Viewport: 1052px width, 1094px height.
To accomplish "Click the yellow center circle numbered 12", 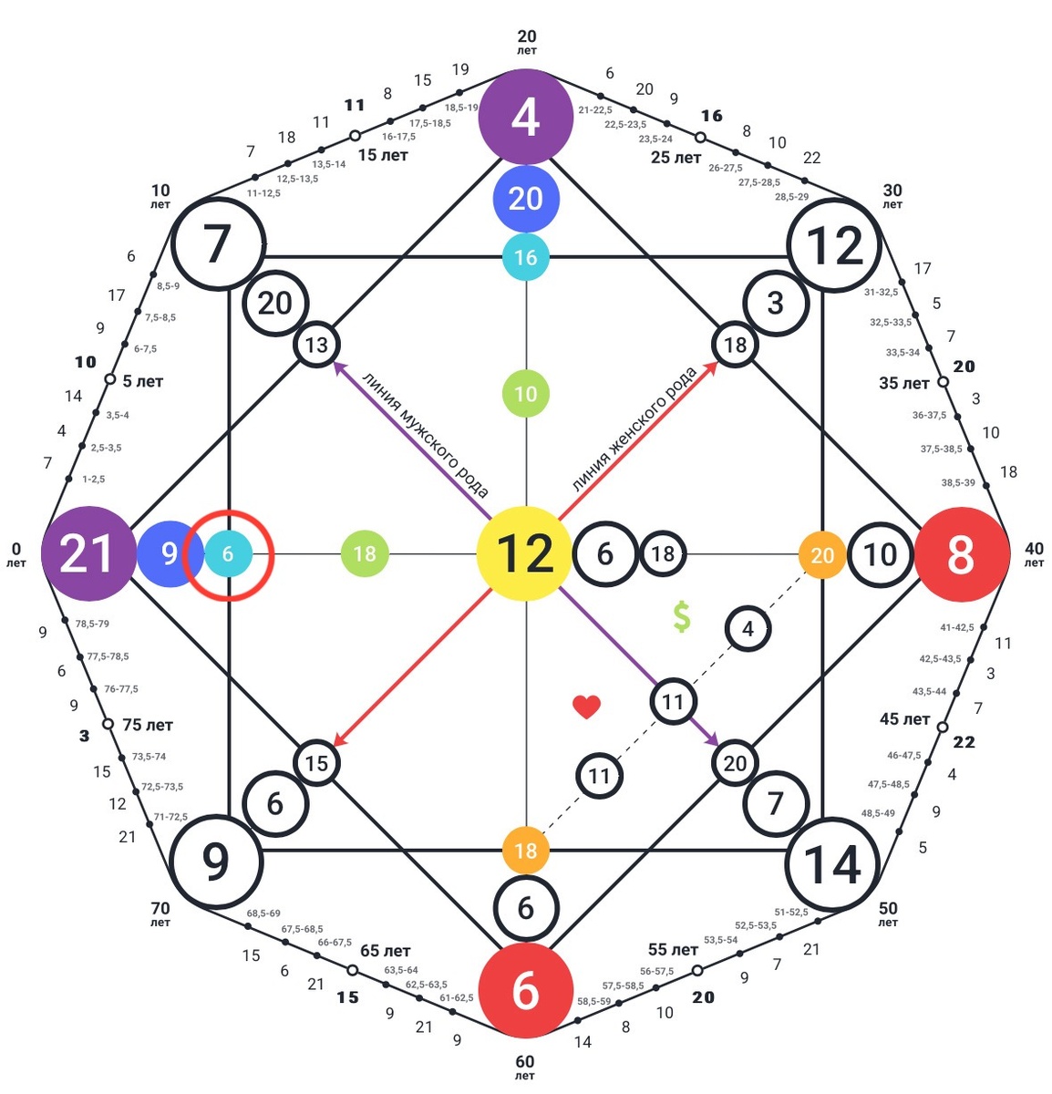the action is (525, 553).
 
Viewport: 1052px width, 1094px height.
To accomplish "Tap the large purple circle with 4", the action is (526, 118).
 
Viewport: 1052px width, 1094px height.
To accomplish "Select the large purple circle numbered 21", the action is (88, 553).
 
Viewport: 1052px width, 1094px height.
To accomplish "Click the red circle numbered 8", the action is (961, 553).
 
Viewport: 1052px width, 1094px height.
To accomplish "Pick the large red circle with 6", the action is (526, 989).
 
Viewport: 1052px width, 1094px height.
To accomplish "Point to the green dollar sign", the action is (682, 617).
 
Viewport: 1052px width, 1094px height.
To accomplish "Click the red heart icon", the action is (586, 707).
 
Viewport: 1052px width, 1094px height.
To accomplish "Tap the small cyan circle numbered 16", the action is (526, 257).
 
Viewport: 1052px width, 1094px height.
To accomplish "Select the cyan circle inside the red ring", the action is (228, 553).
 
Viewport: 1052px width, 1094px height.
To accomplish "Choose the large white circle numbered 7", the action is (218, 244).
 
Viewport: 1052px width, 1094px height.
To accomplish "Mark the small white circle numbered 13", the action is (316, 346).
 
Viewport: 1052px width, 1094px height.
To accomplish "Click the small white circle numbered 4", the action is (748, 629).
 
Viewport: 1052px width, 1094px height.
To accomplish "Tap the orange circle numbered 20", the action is (822, 554).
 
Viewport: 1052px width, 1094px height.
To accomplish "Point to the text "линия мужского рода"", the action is (426, 434).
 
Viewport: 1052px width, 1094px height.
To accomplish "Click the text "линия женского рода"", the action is (634, 428).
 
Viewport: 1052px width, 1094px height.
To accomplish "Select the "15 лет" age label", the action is (383, 155).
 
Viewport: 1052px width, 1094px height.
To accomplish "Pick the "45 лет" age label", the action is (904, 719).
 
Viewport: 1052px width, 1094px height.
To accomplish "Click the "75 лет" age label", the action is (148, 725).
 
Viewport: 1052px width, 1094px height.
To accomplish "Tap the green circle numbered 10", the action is (526, 394).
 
